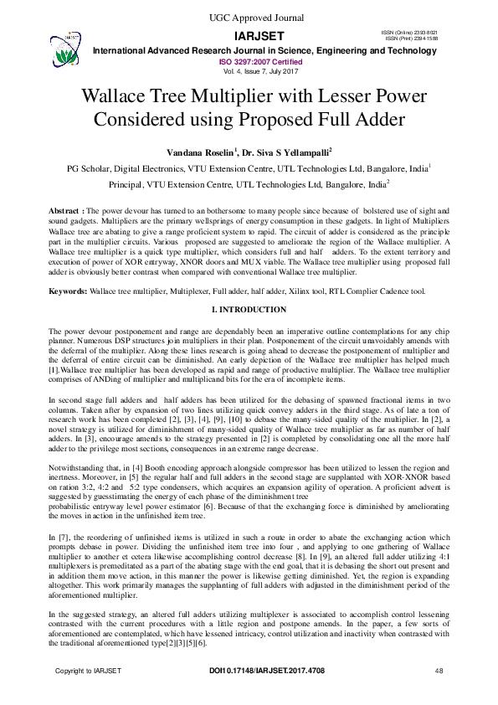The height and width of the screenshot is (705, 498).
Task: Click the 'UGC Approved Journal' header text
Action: [x=249, y=18]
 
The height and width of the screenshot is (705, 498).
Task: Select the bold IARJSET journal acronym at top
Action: [x=249, y=36]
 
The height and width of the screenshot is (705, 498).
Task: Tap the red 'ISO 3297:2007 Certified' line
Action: [x=249, y=61]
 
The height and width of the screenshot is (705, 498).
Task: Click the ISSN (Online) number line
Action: [x=411, y=32]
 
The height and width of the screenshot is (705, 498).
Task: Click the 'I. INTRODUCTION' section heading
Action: [x=249, y=310]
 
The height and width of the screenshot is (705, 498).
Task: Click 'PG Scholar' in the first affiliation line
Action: [x=90, y=168]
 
